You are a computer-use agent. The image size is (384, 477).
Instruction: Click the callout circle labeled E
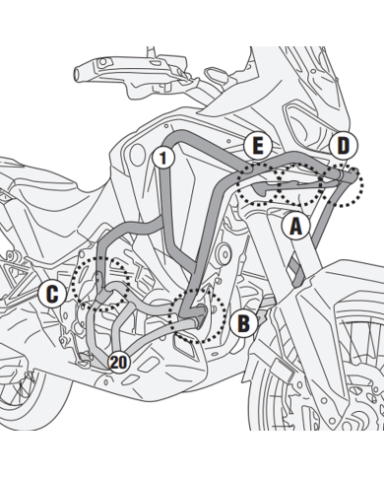[258, 146]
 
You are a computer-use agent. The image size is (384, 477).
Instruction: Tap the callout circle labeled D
[344, 146]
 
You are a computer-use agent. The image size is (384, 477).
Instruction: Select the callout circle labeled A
[296, 226]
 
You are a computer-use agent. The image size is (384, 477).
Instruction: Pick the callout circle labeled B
[243, 323]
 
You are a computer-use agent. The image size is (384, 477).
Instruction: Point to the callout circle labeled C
[52, 294]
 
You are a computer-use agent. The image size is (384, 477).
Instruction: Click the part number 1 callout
[163, 158]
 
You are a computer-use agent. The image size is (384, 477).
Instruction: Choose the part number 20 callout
[118, 363]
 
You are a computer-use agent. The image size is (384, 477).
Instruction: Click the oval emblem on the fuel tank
[137, 155]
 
